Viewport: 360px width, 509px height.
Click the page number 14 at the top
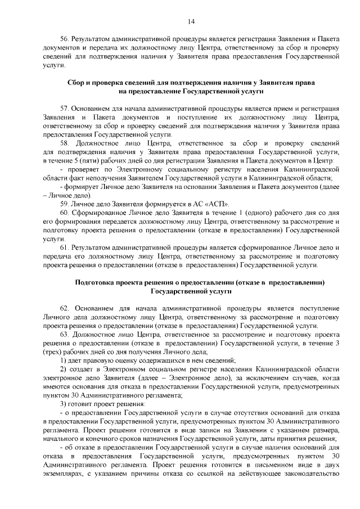point(191,21)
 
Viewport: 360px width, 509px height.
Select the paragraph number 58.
point(64,144)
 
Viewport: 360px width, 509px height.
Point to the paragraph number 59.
point(64,203)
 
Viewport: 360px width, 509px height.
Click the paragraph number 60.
point(64,213)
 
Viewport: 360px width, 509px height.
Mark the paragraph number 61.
point(64,247)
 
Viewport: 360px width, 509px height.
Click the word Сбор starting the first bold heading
point(76,82)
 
